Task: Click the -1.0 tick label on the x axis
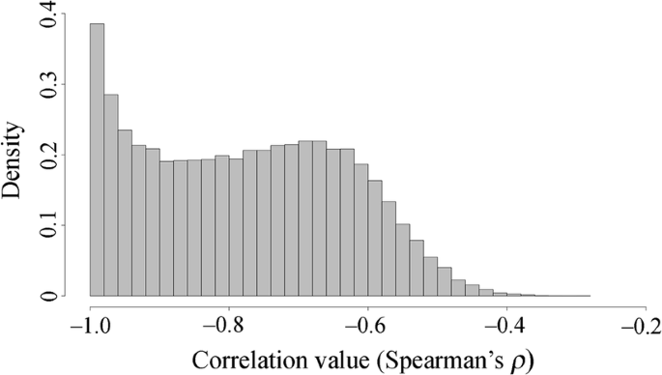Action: (88, 324)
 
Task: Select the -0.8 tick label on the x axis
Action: (227, 324)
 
